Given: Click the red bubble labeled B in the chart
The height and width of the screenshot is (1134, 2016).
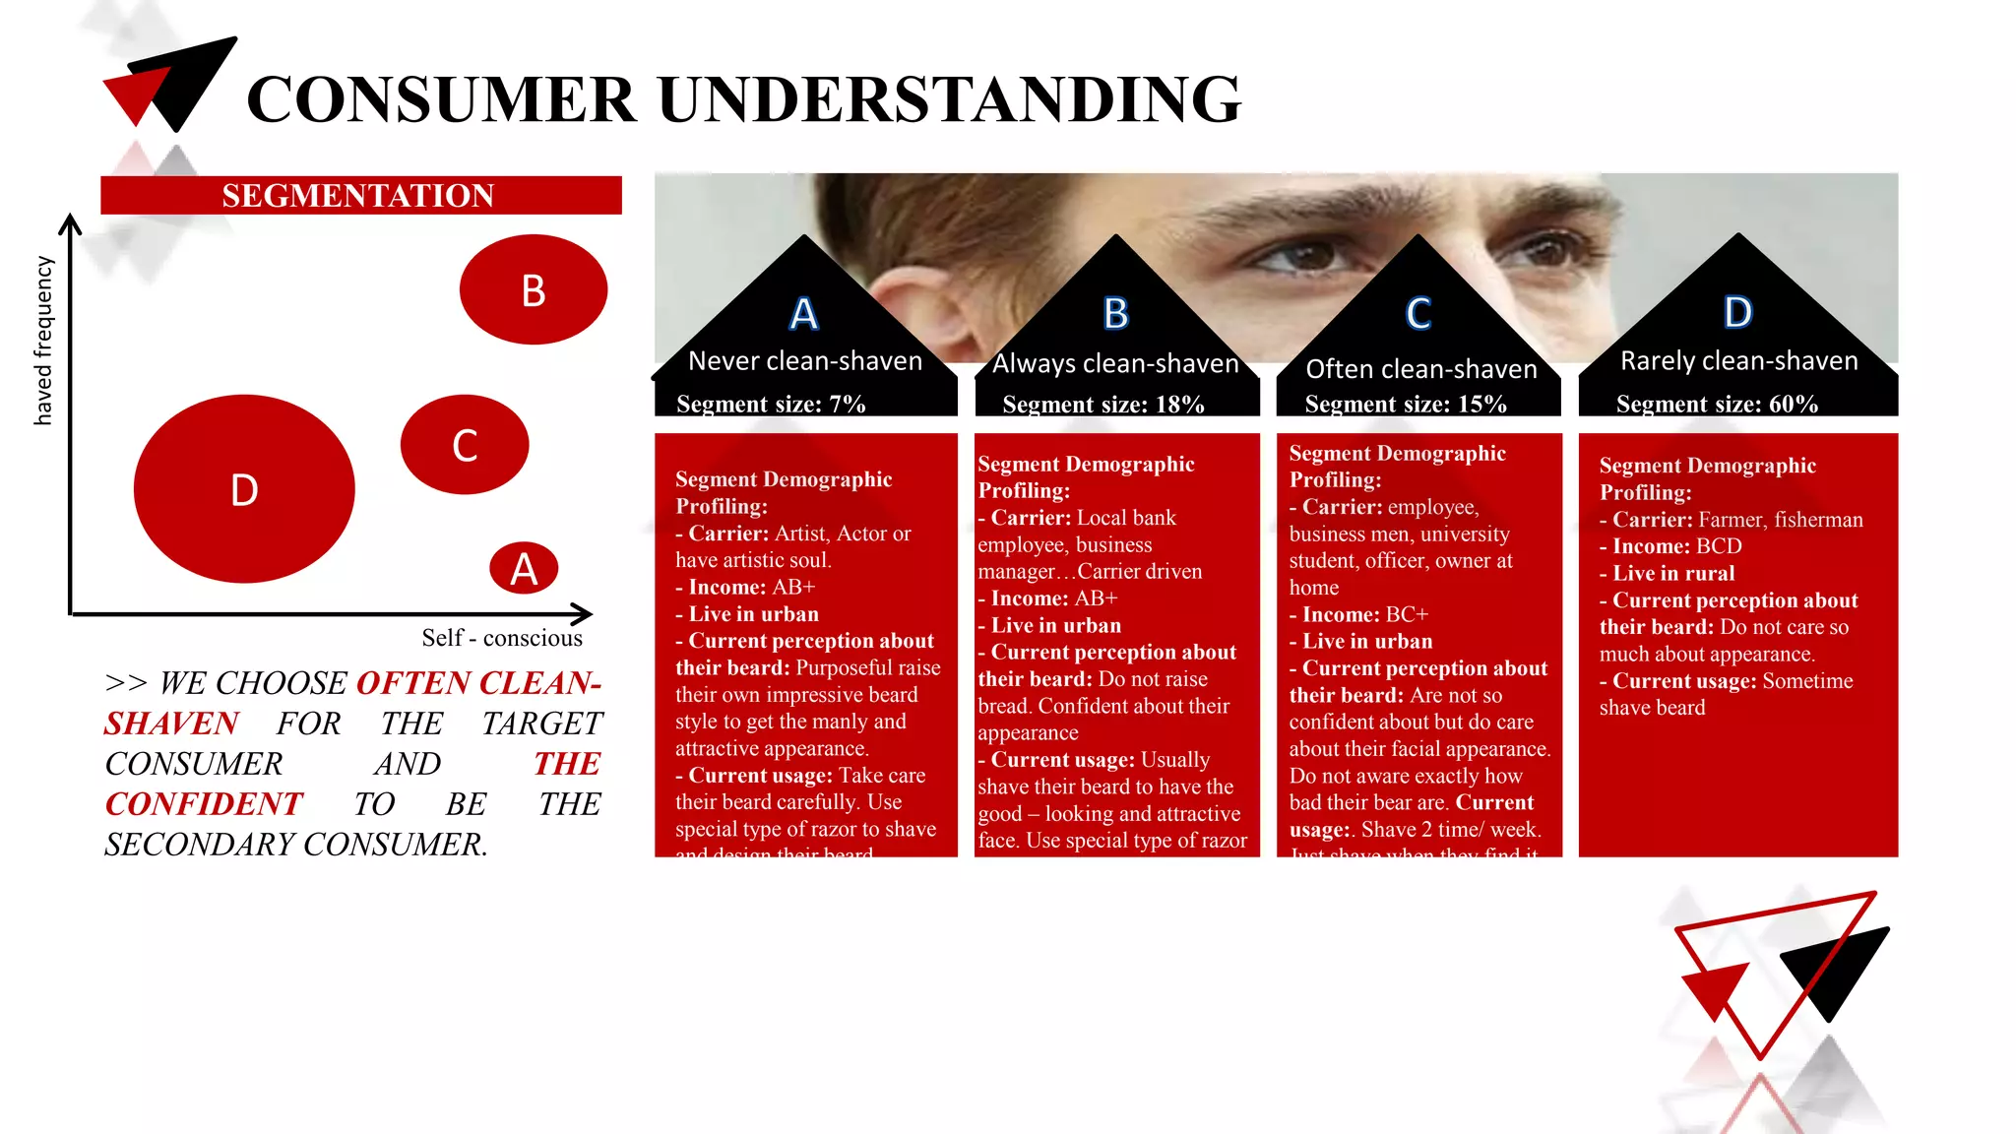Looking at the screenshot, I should coord(533,289).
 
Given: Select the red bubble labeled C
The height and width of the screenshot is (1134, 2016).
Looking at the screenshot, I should coord(465,445).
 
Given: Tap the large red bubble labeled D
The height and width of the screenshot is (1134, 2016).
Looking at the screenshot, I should coord(244,489).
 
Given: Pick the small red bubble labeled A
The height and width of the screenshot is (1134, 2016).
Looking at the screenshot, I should coord(524,568).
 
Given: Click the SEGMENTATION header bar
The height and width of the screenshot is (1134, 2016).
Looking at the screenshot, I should coord(360,195).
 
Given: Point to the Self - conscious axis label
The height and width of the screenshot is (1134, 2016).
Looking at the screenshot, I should coord(502,638).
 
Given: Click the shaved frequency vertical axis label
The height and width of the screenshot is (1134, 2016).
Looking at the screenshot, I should coord(43,341).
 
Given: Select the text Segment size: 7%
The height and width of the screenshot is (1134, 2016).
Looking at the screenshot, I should coord(771,404).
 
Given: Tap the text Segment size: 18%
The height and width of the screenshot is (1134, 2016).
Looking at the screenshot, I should coord(1102,405).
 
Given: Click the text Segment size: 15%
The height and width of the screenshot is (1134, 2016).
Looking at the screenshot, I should coord(1406,404).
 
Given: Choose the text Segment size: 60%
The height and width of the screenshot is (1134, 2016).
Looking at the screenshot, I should coord(1717,404).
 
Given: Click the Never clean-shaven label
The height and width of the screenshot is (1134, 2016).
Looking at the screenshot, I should coord(805,361).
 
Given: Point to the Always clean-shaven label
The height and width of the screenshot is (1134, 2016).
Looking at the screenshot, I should coord(1115,364).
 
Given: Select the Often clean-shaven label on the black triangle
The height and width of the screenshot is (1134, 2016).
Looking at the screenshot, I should coord(1421,369).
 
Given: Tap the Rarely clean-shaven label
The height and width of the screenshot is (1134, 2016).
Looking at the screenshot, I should coord(1739,361).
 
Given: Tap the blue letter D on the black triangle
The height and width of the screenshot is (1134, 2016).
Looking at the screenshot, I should coord(1738,312).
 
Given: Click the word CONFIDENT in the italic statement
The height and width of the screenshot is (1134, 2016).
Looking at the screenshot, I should coord(204,804).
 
